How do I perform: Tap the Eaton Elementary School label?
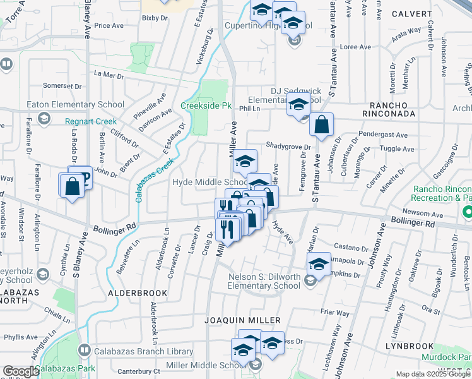click(75, 104)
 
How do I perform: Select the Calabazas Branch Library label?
click(144, 351)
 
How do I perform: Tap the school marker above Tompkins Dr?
click(319, 265)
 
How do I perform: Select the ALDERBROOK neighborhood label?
click(138, 293)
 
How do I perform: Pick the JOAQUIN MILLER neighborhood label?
click(243, 321)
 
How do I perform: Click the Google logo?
click(20, 371)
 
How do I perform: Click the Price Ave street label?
click(108, 26)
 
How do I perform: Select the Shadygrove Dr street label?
click(288, 146)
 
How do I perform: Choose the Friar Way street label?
click(334, 313)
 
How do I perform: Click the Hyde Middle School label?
click(209, 182)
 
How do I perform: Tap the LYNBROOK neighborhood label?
click(411, 346)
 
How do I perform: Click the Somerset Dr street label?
click(61, 86)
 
